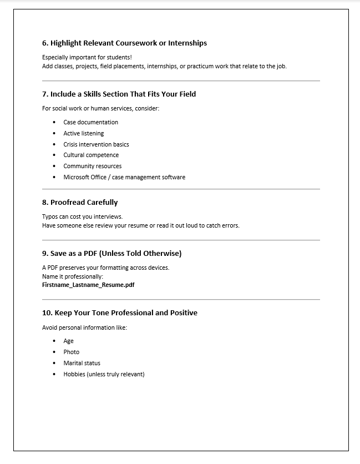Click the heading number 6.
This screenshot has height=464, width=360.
tap(45, 43)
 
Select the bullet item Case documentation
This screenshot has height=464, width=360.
tap(90, 122)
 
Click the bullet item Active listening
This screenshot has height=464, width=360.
tap(83, 133)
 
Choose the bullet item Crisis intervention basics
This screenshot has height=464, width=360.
tap(96, 144)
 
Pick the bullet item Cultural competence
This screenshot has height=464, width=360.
tap(91, 155)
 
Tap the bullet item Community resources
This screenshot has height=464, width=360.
tap(92, 166)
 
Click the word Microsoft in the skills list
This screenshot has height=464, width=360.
tap(76, 177)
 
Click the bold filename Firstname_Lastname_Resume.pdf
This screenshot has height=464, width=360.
tap(88, 285)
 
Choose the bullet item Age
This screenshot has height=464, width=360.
tap(68, 341)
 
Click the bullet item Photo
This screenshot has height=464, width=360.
tap(71, 352)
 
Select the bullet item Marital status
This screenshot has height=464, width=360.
tap(82, 363)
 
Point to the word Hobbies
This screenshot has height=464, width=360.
tap(74, 374)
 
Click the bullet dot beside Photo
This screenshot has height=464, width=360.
tap(54, 352)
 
